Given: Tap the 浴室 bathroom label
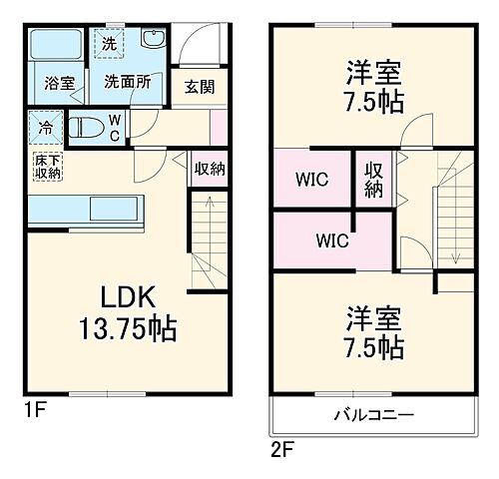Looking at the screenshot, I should [x=59, y=83].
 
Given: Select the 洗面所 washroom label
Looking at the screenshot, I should [x=128, y=83].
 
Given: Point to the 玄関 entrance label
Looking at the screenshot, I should [x=195, y=86].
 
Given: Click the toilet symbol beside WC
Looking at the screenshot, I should [x=84, y=128].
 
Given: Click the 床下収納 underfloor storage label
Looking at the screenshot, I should [x=47, y=167].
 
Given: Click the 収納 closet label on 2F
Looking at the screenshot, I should [x=373, y=179].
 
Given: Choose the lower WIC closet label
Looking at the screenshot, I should [x=332, y=239].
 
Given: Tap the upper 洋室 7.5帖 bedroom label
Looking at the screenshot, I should [x=374, y=87].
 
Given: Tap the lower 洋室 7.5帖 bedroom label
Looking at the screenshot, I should [x=374, y=334].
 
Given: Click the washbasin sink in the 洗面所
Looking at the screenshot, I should [x=154, y=42].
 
